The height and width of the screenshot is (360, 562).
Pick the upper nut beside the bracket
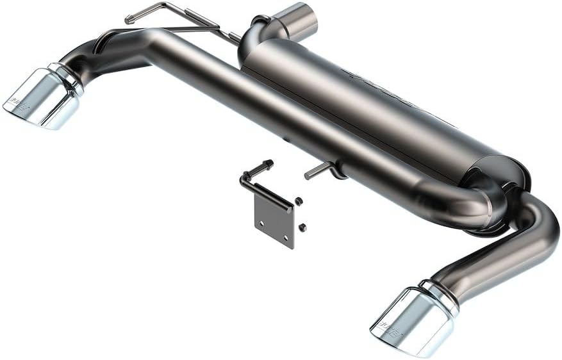point(299,201)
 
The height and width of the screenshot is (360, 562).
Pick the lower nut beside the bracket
point(302,227)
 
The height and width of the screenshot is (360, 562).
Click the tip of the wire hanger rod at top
point(129,20)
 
